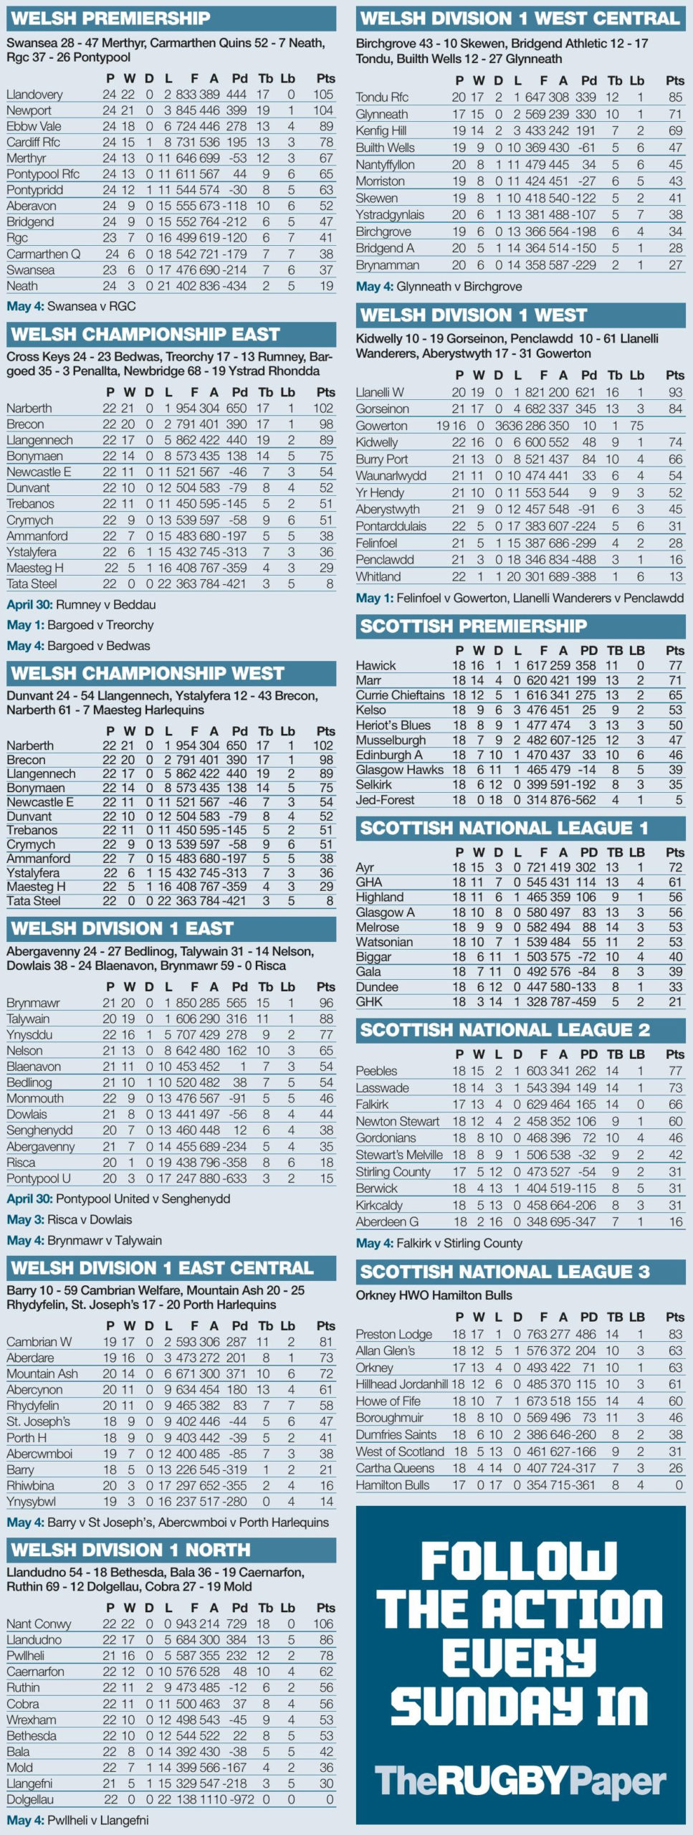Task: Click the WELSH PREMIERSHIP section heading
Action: click(111, 18)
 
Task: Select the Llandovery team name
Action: click(34, 95)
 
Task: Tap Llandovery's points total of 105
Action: click(322, 95)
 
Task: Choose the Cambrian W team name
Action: click(39, 1342)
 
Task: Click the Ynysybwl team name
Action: click(32, 1501)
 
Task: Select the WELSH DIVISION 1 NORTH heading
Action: click(130, 1550)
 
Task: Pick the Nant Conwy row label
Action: click(39, 1624)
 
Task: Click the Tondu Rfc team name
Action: click(382, 97)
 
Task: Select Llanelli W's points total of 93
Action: click(674, 392)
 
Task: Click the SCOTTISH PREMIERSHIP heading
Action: click(473, 626)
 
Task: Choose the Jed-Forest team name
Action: click(385, 800)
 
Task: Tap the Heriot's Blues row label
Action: click(393, 725)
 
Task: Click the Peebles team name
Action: click(376, 1071)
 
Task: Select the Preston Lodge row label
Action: click(394, 1334)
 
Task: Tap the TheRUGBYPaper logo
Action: click(520, 1781)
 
